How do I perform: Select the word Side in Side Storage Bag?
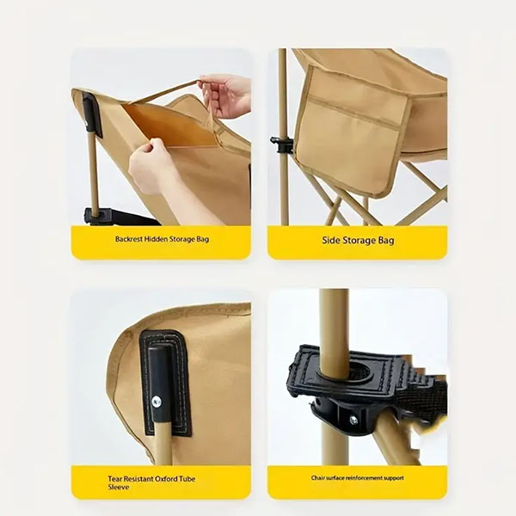(x=331, y=240)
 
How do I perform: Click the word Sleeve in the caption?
(x=118, y=487)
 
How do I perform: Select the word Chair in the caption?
(x=318, y=478)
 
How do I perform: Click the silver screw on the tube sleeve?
(x=157, y=402)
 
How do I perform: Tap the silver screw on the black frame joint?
(x=353, y=420)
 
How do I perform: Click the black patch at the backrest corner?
(x=92, y=114)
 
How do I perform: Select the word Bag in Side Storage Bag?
(x=386, y=240)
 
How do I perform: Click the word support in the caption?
(x=395, y=478)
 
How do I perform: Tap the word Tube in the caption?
(x=187, y=479)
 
